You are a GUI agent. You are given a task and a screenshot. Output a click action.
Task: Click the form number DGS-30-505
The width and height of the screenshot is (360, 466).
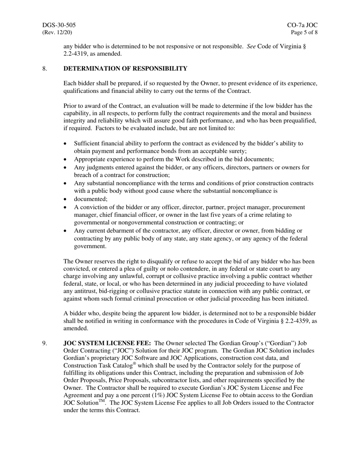click(59, 25)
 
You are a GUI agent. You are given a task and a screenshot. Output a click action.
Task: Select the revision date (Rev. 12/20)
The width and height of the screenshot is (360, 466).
click(57, 32)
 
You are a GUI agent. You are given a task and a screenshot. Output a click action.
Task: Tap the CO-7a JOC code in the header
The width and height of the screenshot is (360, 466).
click(302, 25)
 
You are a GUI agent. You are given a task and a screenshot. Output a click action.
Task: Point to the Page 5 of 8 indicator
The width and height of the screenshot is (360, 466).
click(304, 32)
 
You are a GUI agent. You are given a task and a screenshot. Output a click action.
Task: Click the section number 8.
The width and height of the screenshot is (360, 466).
click(44, 69)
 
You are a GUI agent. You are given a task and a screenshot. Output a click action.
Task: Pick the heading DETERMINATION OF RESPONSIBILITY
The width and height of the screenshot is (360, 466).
click(125, 69)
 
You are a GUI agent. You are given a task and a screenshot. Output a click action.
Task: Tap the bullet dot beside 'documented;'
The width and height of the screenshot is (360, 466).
click(66, 199)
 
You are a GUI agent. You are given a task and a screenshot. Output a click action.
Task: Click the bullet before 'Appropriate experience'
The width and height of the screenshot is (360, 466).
click(66, 160)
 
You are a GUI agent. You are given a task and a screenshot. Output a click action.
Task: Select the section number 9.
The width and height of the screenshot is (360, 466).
click(44, 343)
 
